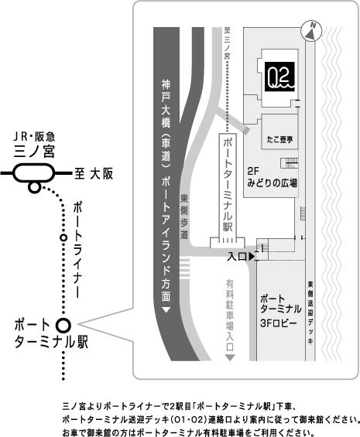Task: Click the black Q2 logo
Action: click(279, 77)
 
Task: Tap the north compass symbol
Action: click(311, 31)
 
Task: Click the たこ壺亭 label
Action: click(279, 139)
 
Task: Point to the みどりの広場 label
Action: click(272, 183)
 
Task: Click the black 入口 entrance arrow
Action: click(252, 257)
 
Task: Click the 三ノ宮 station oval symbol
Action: click(33, 173)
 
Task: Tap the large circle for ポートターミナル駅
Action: click(63, 326)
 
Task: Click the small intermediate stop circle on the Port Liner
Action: click(64, 237)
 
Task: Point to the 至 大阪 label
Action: click(94, 173)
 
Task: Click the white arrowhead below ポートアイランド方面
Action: click(166, 310)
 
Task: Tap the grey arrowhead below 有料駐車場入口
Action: click(230, 357)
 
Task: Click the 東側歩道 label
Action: click(184, 217)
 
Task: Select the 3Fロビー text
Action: click(278, 323)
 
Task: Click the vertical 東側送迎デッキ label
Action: click(310, 312)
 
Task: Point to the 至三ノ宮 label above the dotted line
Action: click(227, 43)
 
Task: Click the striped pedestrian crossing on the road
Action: click(185, 268)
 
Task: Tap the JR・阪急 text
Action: click(34, 137)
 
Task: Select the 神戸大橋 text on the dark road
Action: click(166, 104)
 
